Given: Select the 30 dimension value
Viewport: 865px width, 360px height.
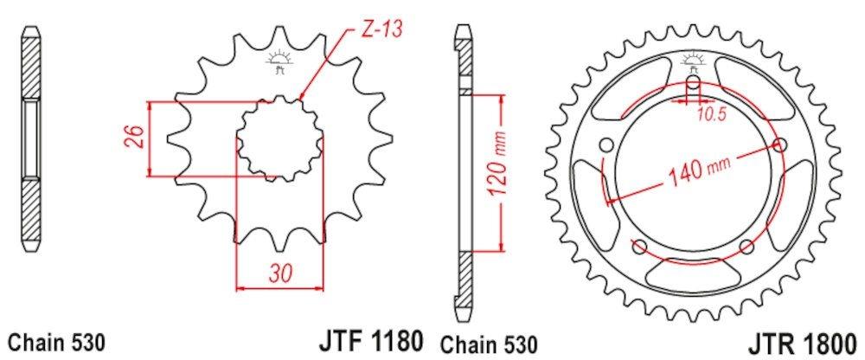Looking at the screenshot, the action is [x=281, y=272].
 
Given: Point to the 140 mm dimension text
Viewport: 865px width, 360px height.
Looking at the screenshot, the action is [x=699, y=169].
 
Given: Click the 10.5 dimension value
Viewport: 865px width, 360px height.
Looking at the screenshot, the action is [x=706, y=115].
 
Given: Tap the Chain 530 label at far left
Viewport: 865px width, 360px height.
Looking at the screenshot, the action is [x=56, y=344].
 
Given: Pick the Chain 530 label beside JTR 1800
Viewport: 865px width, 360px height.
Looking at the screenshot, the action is [x=488, y=344].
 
